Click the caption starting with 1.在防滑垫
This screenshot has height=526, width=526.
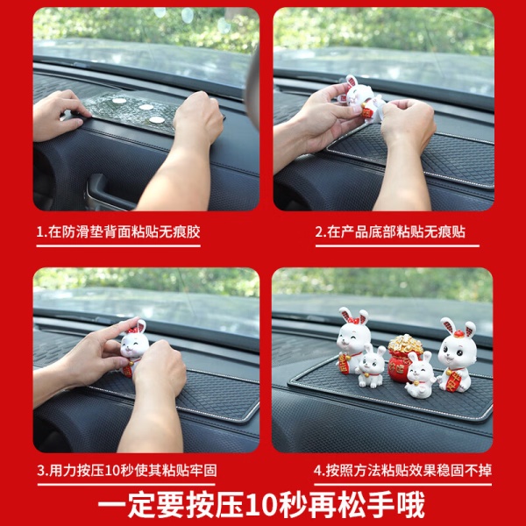[x=118, y=231]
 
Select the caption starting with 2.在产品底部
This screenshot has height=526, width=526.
[x=390, y=231]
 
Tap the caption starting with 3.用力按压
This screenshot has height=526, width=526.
[x=127, y=470]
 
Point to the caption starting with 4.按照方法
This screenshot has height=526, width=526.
[x=403, y=470]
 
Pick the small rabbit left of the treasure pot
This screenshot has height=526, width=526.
[x=371, y=366]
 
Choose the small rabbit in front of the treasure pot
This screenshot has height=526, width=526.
[x=420, y=375]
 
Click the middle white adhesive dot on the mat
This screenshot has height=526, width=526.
[x=146, y=107]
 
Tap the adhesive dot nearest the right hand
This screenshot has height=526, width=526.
[x=157, y=119]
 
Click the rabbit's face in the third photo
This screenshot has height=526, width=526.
[x=134, y=346]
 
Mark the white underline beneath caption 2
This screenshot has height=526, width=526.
[x=397, y=245]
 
